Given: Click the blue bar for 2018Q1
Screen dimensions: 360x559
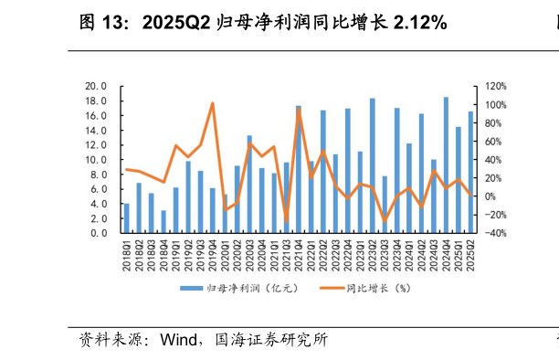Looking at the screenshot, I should tap(127, 218).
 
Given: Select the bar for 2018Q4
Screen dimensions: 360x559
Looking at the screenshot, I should tap(163, 222).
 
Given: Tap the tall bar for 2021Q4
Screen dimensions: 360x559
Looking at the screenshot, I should tap(299, 169).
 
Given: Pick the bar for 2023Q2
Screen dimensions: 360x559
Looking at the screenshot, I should tap(373, 165).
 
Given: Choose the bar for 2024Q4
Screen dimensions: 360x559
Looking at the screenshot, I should tap(446, 165).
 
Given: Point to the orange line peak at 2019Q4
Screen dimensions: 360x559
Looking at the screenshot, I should tap(213, 103).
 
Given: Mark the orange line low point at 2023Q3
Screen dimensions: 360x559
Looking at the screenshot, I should tap(385, 220).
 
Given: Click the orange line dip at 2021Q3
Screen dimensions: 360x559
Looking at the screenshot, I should tap(286, 222).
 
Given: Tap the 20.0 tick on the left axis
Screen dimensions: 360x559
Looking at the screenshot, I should tap(97, 87).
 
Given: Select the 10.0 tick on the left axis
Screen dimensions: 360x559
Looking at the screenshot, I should tap(97, 160).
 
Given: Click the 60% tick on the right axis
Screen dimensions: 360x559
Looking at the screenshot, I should tap(494, 142).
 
